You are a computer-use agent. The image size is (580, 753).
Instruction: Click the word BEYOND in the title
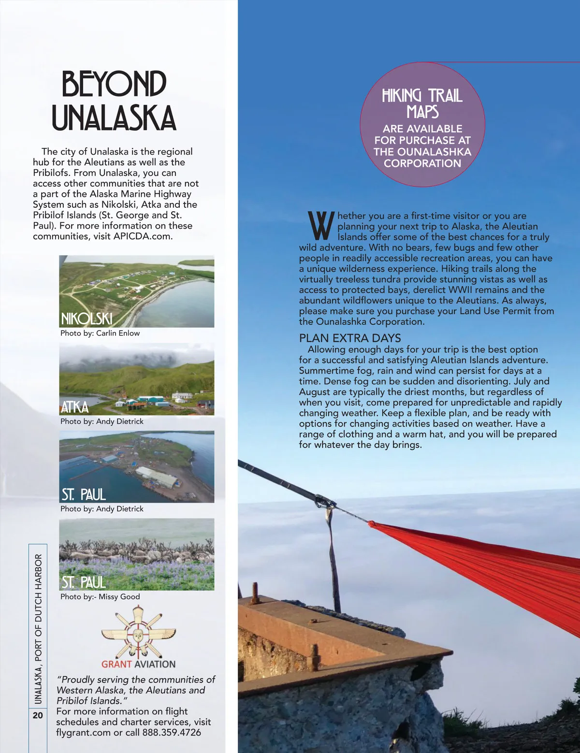[114, 84]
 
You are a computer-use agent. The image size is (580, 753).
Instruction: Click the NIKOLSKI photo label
[87, 319]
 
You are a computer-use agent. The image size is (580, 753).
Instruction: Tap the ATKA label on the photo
[75, 407]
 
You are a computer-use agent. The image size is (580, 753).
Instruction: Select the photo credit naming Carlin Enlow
[100, 333]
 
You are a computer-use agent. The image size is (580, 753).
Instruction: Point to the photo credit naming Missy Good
[100, 596]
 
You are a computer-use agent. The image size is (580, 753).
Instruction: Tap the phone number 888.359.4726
[172, 732]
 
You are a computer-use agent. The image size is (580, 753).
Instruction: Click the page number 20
[38, 715]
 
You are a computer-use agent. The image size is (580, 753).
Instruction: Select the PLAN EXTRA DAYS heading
[350, 338]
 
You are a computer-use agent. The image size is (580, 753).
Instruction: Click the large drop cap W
[320, 226]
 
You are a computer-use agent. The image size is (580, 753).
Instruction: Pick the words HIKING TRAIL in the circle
[422, 96]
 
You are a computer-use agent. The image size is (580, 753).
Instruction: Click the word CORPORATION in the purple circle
[422, 163]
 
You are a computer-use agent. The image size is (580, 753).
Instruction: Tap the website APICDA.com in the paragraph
[143, 236]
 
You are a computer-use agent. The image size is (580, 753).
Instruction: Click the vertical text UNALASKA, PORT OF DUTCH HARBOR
[38, 628]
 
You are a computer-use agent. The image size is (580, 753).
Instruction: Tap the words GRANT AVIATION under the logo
[138, 664]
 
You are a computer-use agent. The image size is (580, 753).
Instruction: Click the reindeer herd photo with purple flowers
[137, 554]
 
